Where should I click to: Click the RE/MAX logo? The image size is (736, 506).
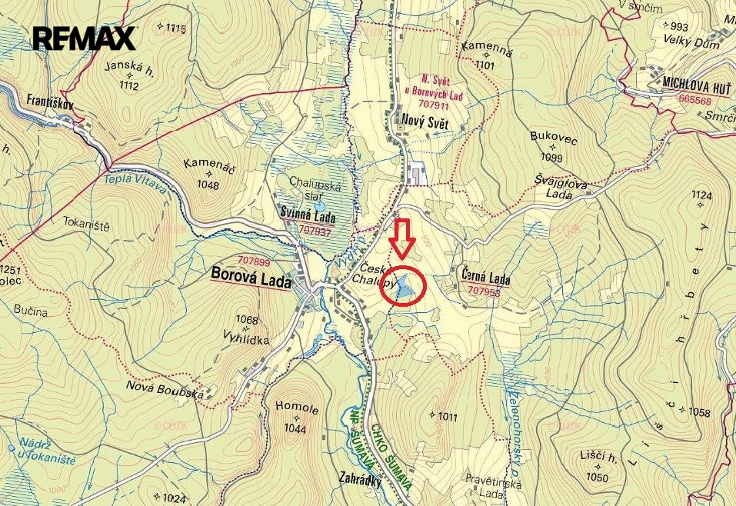(84, 38)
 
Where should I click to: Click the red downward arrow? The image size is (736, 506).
(401, 238)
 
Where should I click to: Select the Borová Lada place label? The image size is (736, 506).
(251, 281)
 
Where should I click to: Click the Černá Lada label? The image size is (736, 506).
(487, 278)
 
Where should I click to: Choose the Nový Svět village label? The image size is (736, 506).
(424, 119)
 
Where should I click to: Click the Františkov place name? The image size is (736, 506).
(38, 101)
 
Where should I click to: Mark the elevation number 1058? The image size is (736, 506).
(699, 413)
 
